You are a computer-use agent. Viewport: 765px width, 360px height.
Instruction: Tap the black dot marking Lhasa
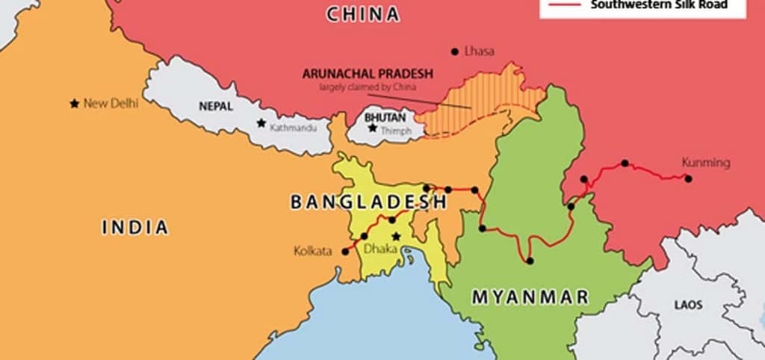click(x=453, y=52)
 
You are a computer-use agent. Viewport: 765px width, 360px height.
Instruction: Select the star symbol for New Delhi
click(x=74, y=104)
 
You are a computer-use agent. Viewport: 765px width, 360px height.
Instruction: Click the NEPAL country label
click(x=216, y=106)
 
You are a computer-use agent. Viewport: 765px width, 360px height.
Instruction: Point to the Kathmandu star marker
click(x=261, y=123)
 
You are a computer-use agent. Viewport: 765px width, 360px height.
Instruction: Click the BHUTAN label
click(x=385, y=117)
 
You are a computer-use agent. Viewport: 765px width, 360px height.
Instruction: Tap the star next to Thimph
click(x=372, y=128)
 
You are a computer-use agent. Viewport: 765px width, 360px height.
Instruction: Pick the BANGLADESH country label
click(x=368, y=202)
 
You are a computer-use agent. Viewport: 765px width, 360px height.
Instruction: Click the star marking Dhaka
click(x=396, y=237)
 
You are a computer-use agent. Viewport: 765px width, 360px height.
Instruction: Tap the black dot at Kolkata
click(x=345, y=252)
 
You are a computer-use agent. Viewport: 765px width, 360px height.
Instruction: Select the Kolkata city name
click(x=313, y=252)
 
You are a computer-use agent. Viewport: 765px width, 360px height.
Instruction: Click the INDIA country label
click(x=135, y=227)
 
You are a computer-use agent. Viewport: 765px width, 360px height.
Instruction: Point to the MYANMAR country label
click(x=530, y=297)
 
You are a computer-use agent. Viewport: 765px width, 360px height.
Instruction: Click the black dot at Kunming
click(x=688, y=179)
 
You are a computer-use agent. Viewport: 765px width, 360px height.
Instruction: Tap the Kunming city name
click(x=706, y=162)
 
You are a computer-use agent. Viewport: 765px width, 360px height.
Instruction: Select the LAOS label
click(x=688, y=305)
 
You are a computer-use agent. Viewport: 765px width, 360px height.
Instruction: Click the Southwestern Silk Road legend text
click(x=668, y=4)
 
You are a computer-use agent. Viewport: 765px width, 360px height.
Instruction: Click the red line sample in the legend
click(x=566, y=4)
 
